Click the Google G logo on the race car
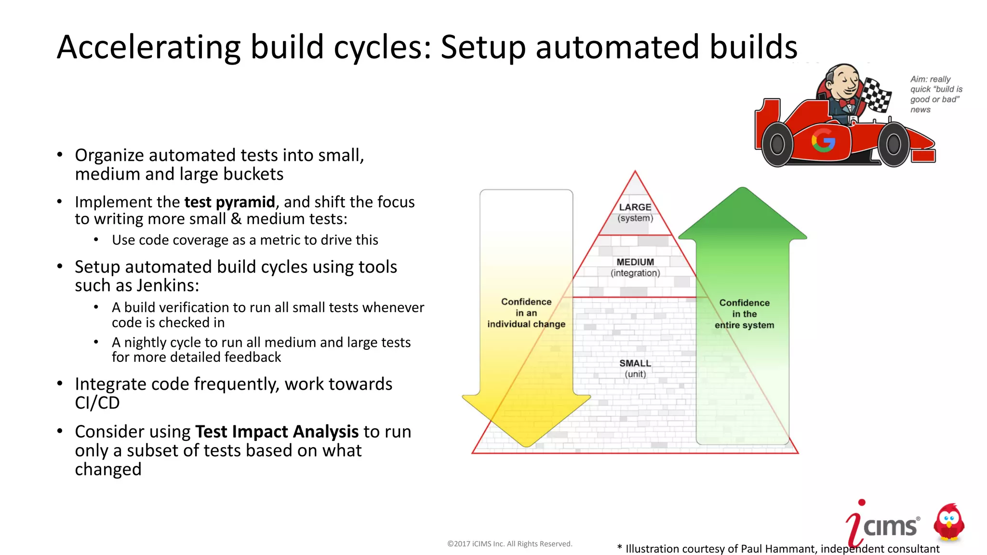point(823,141)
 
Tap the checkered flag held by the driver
point(876,94)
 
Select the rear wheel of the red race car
point(777,144)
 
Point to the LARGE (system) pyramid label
point(635,212)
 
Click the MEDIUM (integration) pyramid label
point(635,267)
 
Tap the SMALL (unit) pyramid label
point(635,369)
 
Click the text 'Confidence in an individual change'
point(526,313)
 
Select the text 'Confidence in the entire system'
point(744,314)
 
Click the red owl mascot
point(948,523)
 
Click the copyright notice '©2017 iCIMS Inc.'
point(509,544)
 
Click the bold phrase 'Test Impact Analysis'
point(277,432)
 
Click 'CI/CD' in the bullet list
point(97,403)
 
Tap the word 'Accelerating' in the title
point(148,47)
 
